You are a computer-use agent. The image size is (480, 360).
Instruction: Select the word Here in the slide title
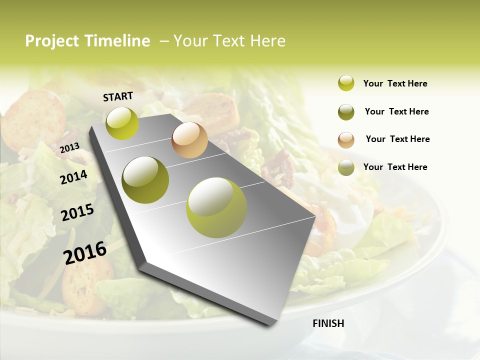(x=267, y=41)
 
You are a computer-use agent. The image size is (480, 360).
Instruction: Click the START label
(x=118, y=96)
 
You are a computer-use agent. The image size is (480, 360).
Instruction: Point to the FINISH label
(x=328, y=323)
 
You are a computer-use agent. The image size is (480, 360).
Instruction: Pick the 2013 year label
(x=69, y=148)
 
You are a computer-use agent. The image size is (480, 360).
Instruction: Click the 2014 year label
(x=73, y=177)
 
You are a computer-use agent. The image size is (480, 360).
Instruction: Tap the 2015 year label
(x=77, y=212)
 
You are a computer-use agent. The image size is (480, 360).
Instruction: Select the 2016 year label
(x=85, y=252)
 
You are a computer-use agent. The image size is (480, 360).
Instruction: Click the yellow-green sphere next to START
(x=122, y=123)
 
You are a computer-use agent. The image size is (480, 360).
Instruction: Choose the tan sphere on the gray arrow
(x=189, y=140)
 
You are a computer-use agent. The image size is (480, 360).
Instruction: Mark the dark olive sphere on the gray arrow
(x=145, y=180)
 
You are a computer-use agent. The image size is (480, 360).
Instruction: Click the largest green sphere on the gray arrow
(x=216, y=207)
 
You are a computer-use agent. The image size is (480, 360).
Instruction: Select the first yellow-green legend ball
(x=346, y=83)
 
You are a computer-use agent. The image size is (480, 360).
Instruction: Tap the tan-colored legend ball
(x=346, y=139)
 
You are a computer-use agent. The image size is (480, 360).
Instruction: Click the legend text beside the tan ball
(x=397, y=139)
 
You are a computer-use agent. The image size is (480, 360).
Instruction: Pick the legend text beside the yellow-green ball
(x=395, y=83)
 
